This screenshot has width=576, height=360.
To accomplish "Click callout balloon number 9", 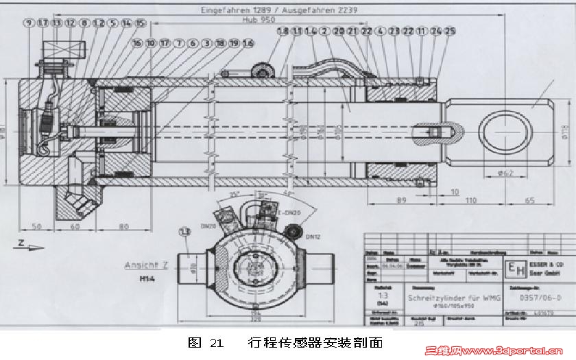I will point(29,23).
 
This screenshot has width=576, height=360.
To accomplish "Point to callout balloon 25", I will point(450,31).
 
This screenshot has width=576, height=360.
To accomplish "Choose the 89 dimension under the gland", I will point(403,201).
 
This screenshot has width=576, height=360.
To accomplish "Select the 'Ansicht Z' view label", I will point(146,265).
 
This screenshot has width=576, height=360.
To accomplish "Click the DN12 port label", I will point(313,237).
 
